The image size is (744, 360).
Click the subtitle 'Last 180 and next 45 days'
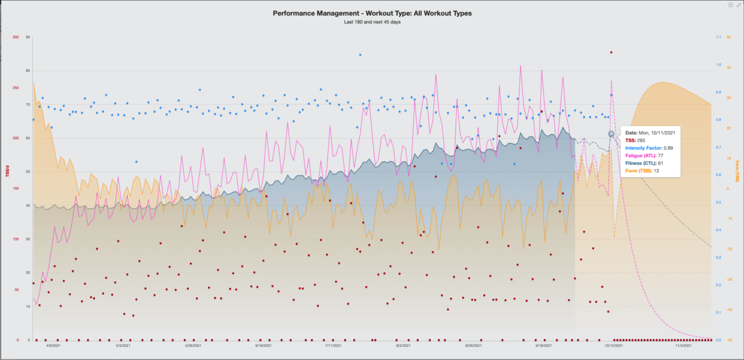point(372,22)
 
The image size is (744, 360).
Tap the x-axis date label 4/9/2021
point(53,345)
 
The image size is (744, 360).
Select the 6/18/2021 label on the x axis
point(263,345)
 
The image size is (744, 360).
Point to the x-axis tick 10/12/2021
point(613,345)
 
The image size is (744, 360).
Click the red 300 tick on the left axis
point(15,37)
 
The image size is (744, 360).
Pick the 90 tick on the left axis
point(27,37)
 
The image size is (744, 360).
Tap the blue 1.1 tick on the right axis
point(718,37)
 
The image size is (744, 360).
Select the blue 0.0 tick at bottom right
point(718,340)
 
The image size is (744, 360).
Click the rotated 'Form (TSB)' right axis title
point(737,172)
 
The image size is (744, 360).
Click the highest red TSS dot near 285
point(611,53)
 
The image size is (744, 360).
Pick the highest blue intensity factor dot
point(360,55)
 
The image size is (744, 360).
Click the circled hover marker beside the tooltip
point(611,134)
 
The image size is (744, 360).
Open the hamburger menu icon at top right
point(730,5)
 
